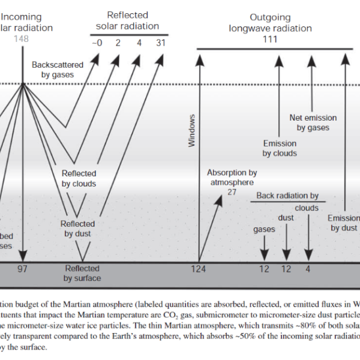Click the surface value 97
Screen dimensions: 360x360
pyautogui.click(x=22, y=268)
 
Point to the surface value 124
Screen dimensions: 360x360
pyautogui.click(x=198, y=268)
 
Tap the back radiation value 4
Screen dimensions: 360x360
pyautogui.click(x=308, y=268)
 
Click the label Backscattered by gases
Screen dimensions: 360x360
pyautogui.click(x=55, y=70)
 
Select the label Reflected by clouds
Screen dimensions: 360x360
pyautogui.click(x=79, y=178)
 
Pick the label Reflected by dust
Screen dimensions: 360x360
pyautogui.click(x=77, y=229)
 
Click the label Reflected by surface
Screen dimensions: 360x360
pyautogui.click(x=83, y=273)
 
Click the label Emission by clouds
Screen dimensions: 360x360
pyautogui.click(x=280, y=148)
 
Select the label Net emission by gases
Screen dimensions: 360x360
pyautogui.click(x=313, y=123)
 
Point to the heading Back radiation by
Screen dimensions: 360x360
pyautogui.click(x=287, y=196)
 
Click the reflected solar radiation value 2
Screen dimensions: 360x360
pyautogui.click(x=118, y=43)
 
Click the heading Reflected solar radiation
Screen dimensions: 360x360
pyautogui.click(x=128, y=20)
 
